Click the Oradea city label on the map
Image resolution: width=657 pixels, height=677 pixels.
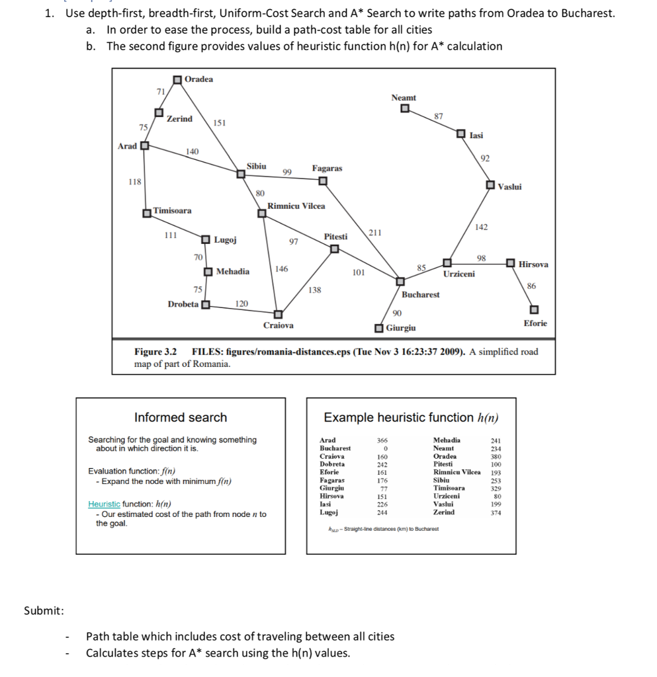198,79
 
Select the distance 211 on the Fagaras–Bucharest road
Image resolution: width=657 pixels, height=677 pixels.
374,233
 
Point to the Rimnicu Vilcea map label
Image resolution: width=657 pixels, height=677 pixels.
296,206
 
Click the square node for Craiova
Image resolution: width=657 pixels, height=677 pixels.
279,314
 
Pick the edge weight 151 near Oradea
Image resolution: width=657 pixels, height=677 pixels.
220,123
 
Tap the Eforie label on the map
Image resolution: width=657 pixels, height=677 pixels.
535,323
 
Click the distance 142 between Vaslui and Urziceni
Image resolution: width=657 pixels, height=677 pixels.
481,227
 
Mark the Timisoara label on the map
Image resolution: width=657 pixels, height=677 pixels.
172,211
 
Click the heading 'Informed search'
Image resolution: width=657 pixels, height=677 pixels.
180,417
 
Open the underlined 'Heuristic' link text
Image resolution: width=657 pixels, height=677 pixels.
104,504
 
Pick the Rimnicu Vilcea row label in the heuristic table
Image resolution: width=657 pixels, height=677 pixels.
457,472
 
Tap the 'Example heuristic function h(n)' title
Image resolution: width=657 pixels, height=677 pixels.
410,417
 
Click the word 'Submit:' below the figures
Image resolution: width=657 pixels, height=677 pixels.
44,610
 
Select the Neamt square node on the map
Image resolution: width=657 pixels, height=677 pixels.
404,109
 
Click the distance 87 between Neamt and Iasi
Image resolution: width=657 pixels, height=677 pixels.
438,116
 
